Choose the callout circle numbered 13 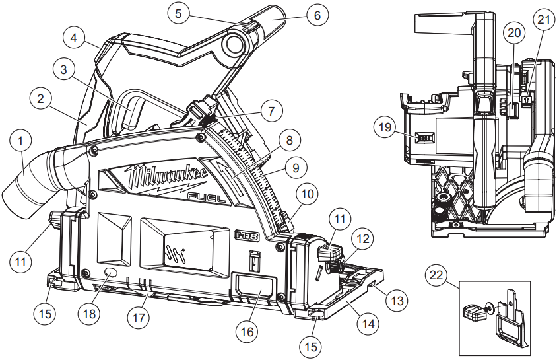click(395, 300)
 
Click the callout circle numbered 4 click(75, 38)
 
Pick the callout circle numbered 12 click(361, 237)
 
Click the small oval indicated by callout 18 click(111, 273)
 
